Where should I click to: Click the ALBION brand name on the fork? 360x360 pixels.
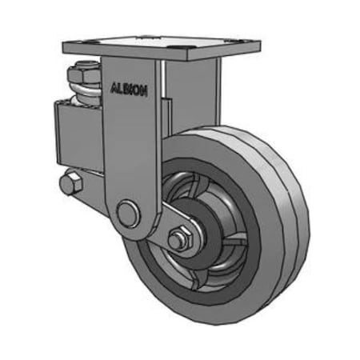click(128, 90)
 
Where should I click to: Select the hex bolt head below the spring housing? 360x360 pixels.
click(70, 182)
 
